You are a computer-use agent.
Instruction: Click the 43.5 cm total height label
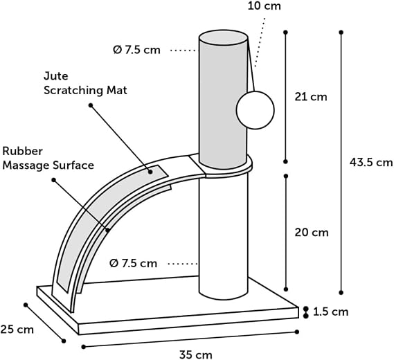[x=371, y=163]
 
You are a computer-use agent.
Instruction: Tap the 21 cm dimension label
[x=311, y=97]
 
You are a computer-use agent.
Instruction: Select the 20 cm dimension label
[x=312, y=233]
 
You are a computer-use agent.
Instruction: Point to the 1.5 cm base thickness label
[x=331, y=312]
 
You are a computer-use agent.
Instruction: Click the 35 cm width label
[x=196, y=354]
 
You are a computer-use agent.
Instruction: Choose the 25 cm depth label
[x=17, y=330]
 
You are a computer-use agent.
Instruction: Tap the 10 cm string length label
[x=264, y=6]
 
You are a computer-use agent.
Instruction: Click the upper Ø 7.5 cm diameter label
[x=136, y=50]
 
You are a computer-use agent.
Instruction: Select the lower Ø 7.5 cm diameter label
[x=134, y=263]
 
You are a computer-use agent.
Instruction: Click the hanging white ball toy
[x=256, y=110]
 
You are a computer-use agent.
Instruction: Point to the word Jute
[x=56, y=76]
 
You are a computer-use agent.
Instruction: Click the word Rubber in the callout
[x=23, y=151]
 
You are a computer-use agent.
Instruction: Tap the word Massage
[x=26, y=165]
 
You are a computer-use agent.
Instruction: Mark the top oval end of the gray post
[x=223, y=37]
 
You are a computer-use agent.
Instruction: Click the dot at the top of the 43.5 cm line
[x=341, y=33]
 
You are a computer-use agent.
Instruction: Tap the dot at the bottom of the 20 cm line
[x=286, y=289]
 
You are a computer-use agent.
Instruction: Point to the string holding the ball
[x=251, y=64]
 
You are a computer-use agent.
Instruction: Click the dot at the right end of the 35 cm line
[x=297, y=332]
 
